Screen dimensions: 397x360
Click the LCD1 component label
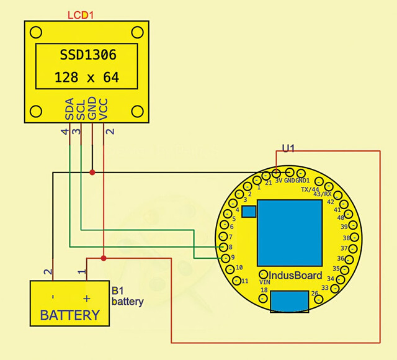point(81,15)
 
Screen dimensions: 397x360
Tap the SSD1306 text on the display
point(88,55)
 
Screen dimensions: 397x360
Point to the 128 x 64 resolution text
point(87,77)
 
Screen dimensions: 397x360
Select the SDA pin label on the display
point(69,109)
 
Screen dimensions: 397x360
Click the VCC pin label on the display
point(104,109)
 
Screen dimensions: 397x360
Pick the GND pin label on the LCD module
point(92,108)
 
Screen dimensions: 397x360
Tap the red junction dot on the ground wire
point(92,173)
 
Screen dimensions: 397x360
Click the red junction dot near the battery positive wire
point(104,258)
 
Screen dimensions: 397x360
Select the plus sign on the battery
point(87,299)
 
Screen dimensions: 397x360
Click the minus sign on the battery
point(53,297)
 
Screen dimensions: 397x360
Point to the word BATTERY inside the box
point(70,315)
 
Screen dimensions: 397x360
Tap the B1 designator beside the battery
point(118,291)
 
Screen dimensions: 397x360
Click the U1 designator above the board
point(288,148)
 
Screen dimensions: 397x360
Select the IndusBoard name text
point(295,276)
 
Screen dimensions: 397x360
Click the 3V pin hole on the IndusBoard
point(277,173)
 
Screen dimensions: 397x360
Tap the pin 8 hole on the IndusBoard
point(223,247)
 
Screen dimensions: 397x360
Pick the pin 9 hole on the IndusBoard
point(225,258)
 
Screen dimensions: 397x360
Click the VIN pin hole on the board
point(264,274)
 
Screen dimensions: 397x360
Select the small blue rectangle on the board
point(249,212)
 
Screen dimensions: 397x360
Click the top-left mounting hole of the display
point(36,32)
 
